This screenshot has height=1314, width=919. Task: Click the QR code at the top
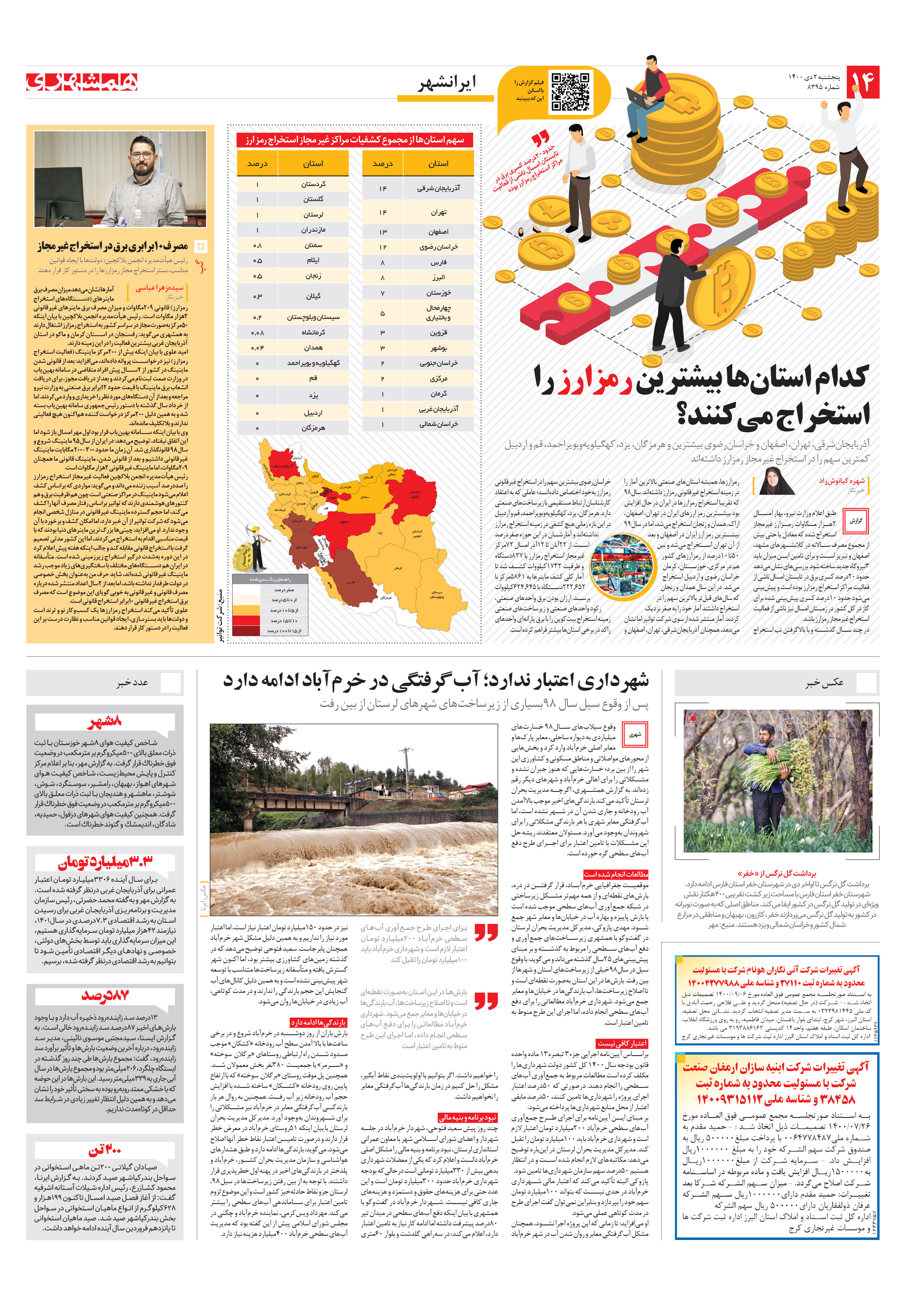(x=570, y=90)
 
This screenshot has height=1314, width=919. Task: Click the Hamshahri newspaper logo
(x=82, y=82)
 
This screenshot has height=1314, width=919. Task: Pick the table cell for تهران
(x=438, y=212)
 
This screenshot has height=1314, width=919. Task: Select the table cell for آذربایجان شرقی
(x=438, y=188)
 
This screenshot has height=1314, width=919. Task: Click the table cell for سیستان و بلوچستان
(x=313, y=317)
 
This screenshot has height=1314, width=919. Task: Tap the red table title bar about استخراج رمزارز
(x=355, y=140)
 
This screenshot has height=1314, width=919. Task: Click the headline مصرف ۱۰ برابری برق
(x=113, y=246)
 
